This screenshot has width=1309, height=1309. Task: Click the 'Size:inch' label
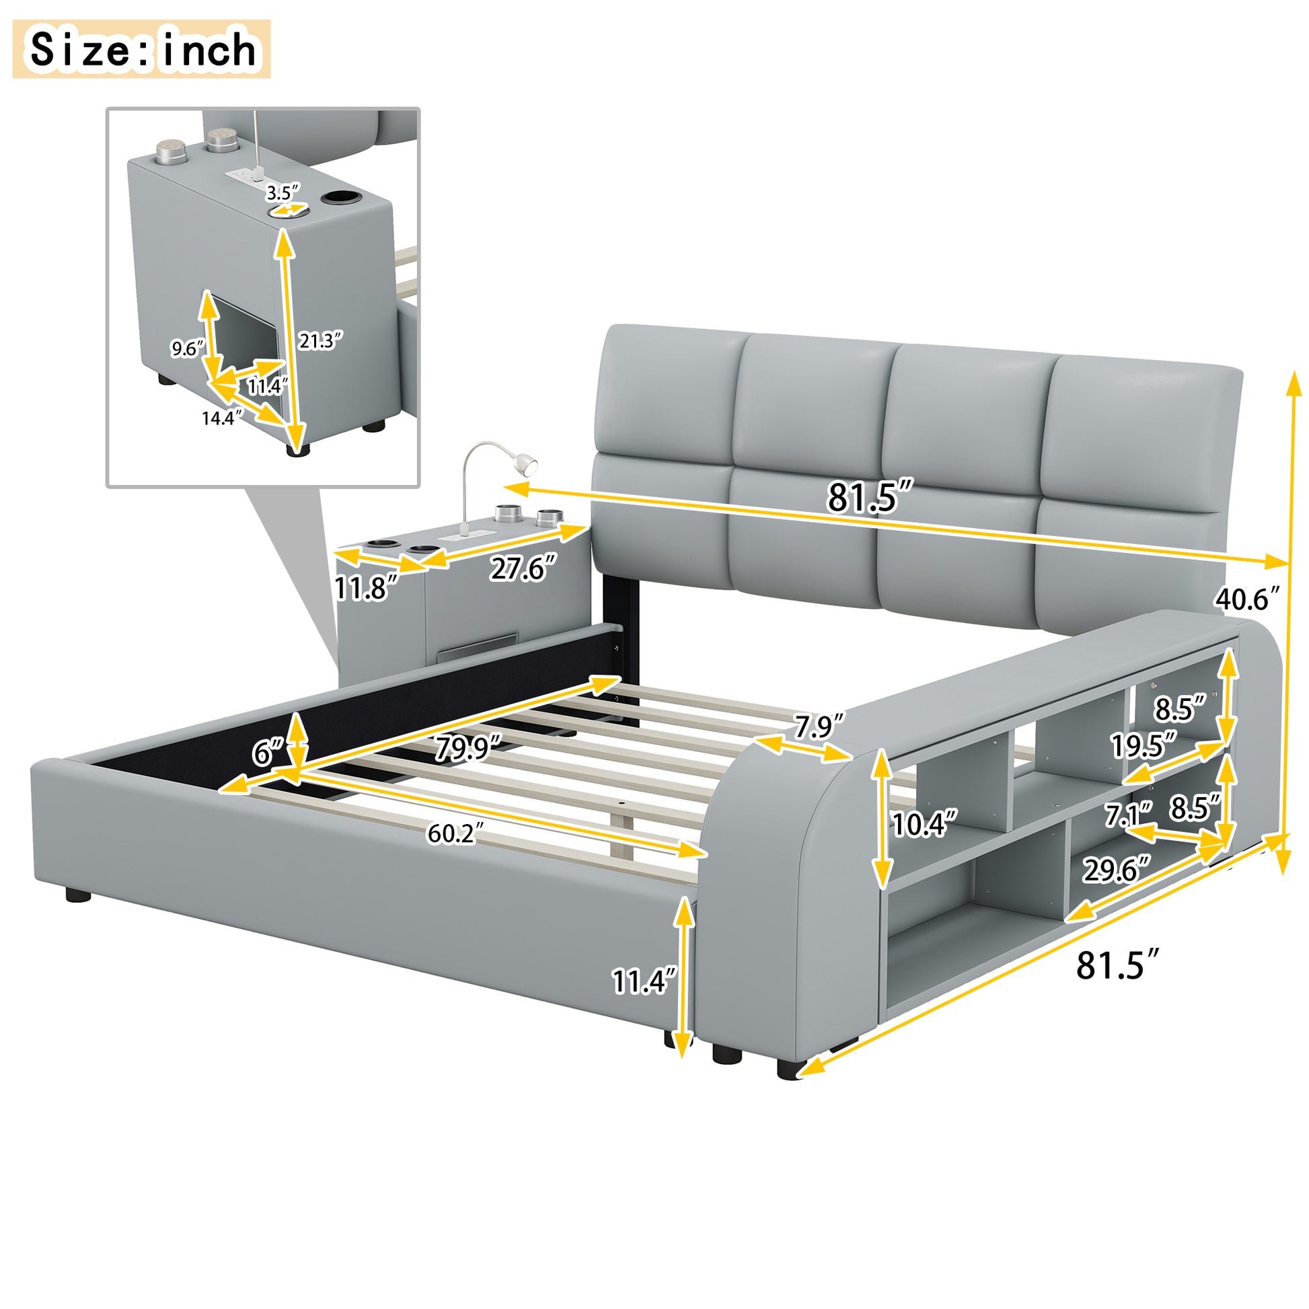[143, 50]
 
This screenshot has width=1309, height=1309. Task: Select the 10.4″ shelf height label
[925, 824]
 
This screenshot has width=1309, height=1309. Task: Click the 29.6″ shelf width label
[1117, 870]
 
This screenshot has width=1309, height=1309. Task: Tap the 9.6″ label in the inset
[187, 348]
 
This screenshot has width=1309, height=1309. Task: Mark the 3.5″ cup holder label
[282, 193]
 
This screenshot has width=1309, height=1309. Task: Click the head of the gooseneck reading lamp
[526, 463]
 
